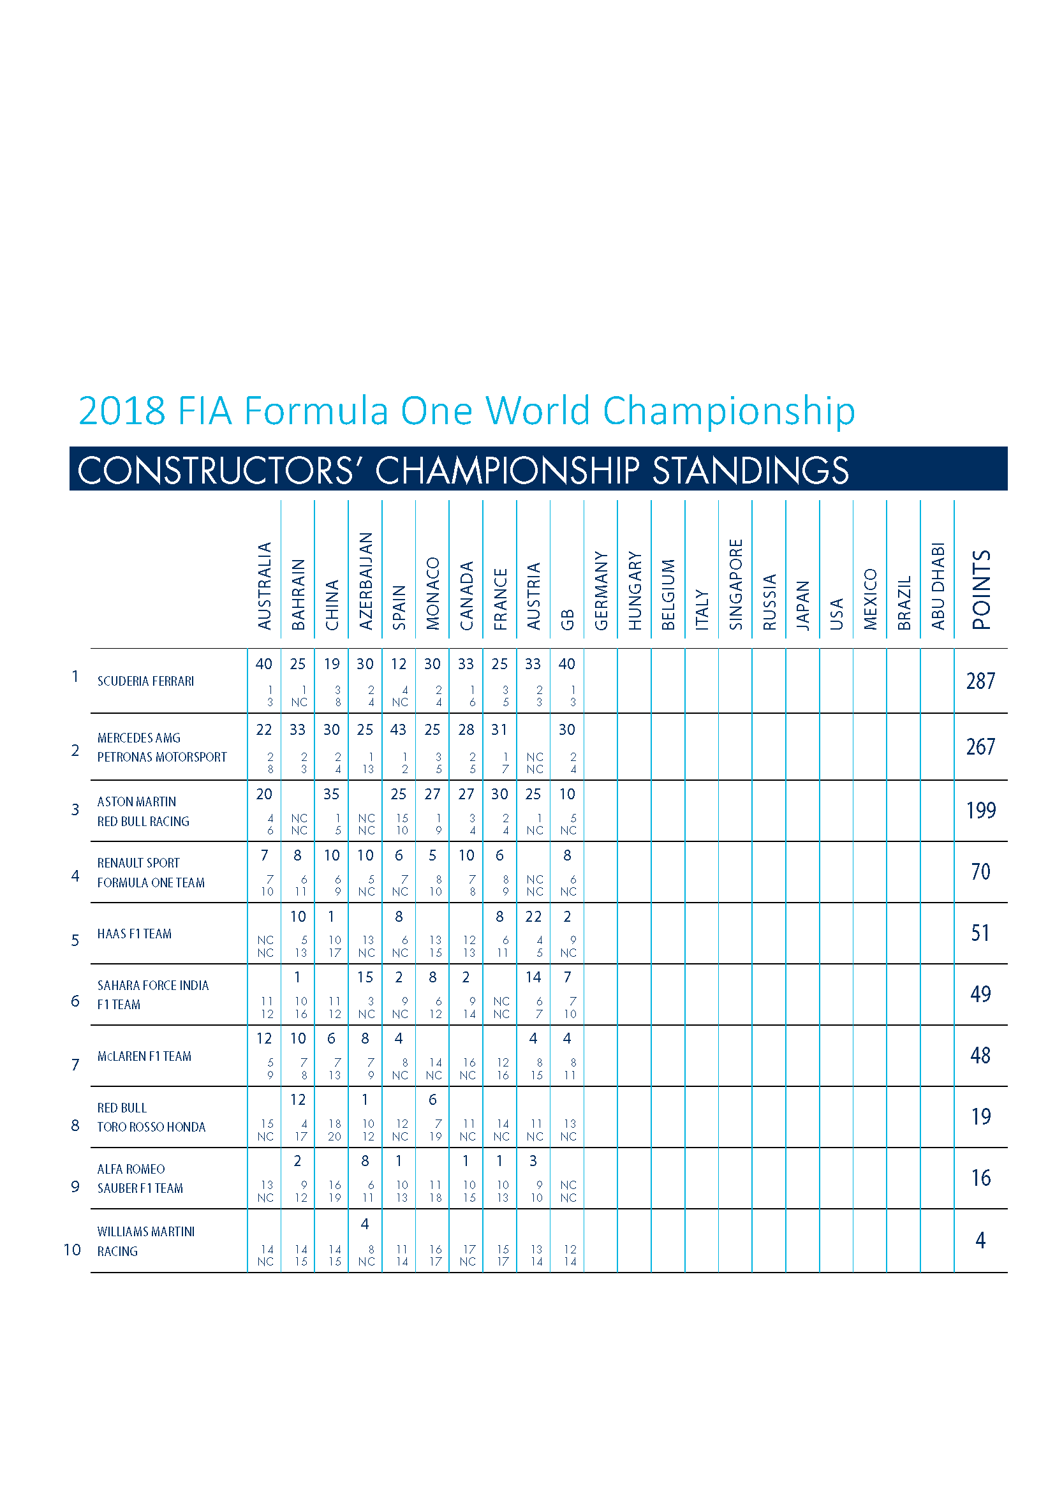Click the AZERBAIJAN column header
coord(365,581)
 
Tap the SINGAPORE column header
coord(735,584)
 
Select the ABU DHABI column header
coord(938,586)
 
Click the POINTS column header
coord(981,590)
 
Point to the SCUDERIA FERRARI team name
coord(145,681)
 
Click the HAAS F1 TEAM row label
coord(135,934)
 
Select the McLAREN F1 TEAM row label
coord(144,1056)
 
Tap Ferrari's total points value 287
coord(980,681)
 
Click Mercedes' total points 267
coord(980,747)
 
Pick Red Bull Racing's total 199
coord(980,810)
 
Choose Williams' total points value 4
coord(980,1241)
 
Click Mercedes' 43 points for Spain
coord(398,730)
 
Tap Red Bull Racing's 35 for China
coord(331,794)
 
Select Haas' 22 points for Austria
coord(533,916)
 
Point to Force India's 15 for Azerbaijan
coord(365,977)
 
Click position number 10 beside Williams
coord(72,1250)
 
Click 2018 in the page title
coord(122,411)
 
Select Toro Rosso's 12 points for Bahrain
coord(297,1100)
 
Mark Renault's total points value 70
coord(980,871)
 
